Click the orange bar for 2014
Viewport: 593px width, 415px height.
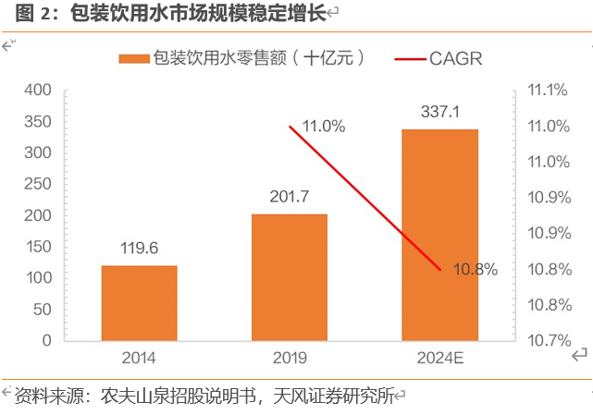coord(139,303)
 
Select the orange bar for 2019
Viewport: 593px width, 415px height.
coord(290,277)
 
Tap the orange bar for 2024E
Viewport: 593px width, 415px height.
coord(439,235)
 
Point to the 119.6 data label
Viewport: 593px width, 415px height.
coord(139,249)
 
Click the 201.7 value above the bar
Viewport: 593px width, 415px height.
coord(289,197)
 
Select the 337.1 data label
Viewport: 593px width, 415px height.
coord(439,112)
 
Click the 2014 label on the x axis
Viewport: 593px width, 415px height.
coord(138,358)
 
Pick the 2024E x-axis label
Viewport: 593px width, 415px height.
coord(439,358)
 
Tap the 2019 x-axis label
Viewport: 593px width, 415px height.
coord(289,358)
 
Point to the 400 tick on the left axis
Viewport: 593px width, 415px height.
coord(39,91)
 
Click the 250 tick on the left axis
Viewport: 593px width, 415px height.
coord(39,184)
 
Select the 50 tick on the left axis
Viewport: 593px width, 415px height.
coord(43,310)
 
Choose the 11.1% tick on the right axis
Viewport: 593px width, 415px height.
coord(546,91)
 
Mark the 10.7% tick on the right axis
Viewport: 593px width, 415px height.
coord(546,341)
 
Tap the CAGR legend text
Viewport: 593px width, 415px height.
coord(455,58)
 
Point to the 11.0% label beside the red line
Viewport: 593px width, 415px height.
coord(323,127)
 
